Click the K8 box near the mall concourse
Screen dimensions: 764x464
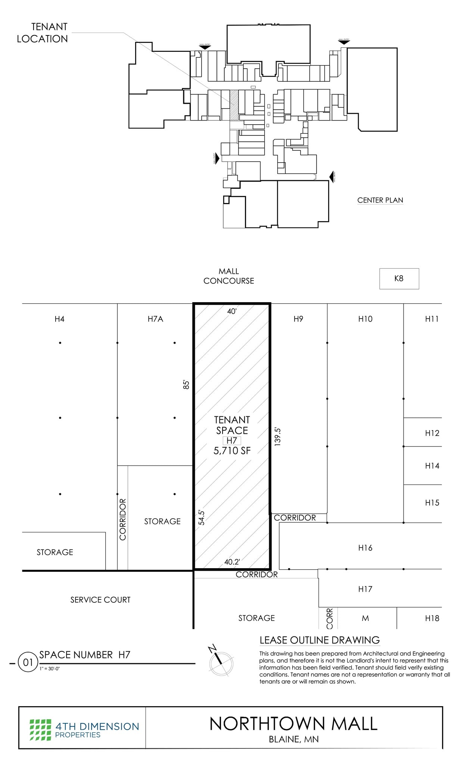399,278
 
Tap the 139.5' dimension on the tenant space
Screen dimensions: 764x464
277,436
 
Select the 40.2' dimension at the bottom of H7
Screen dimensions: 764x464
232,562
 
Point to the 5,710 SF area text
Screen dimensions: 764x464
232,451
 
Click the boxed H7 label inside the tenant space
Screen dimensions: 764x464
232,441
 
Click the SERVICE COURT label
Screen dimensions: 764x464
100,600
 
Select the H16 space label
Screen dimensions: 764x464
365,548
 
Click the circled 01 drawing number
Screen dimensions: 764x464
28,663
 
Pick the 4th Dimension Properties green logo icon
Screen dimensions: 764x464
40,730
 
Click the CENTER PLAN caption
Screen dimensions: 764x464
380,200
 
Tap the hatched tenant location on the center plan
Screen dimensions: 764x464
234,105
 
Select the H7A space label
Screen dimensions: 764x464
155,319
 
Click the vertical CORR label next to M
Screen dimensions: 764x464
329,618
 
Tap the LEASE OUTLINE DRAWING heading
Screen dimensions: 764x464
320,640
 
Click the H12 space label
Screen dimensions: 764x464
432,433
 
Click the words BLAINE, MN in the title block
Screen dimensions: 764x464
294,739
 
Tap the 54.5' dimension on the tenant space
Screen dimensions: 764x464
202,518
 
